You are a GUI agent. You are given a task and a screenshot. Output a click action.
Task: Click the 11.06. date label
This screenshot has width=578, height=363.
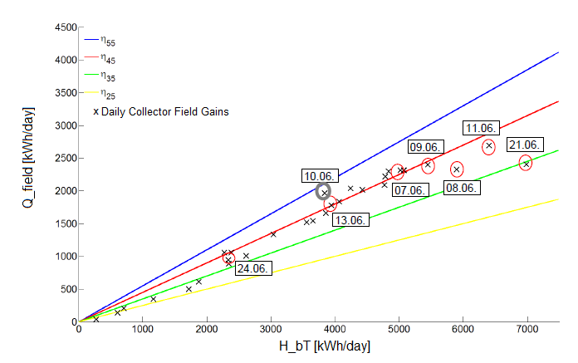pyautogui.click(x=481, y=128)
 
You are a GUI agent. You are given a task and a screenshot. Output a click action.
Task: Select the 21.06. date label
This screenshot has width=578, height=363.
pyautogui.click(x=525, y=144)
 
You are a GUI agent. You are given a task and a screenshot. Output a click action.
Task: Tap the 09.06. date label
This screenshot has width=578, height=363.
pyautogui.click(x=425, y=146)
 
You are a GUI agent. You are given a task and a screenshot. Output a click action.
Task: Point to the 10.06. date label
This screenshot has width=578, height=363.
pyautogui.click(x=319, y=176)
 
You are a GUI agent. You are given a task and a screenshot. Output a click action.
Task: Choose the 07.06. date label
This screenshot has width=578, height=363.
pyautogui.click(x=409, y=190)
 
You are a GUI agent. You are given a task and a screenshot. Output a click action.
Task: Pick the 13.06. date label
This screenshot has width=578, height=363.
pyautogui.click(x=350, y=219)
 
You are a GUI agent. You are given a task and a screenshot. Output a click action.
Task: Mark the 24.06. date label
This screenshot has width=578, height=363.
pyautogui.click(x=252, y=268)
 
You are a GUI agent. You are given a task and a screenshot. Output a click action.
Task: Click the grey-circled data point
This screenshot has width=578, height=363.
pyautogui.click(x=325, y=192)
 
